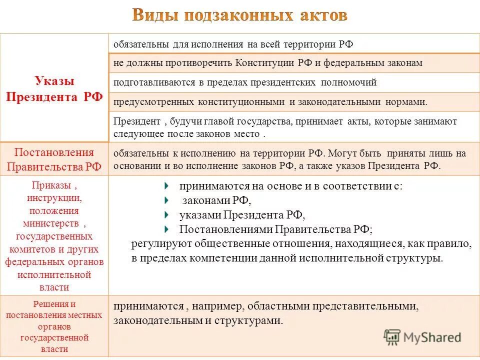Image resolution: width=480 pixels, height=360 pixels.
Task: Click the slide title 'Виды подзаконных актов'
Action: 239,15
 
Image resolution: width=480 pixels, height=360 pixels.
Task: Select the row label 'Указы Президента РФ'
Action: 54,88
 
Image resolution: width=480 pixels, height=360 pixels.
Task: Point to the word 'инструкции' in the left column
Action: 54,198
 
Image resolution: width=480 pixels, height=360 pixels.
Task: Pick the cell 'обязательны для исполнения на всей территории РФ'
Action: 233,44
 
